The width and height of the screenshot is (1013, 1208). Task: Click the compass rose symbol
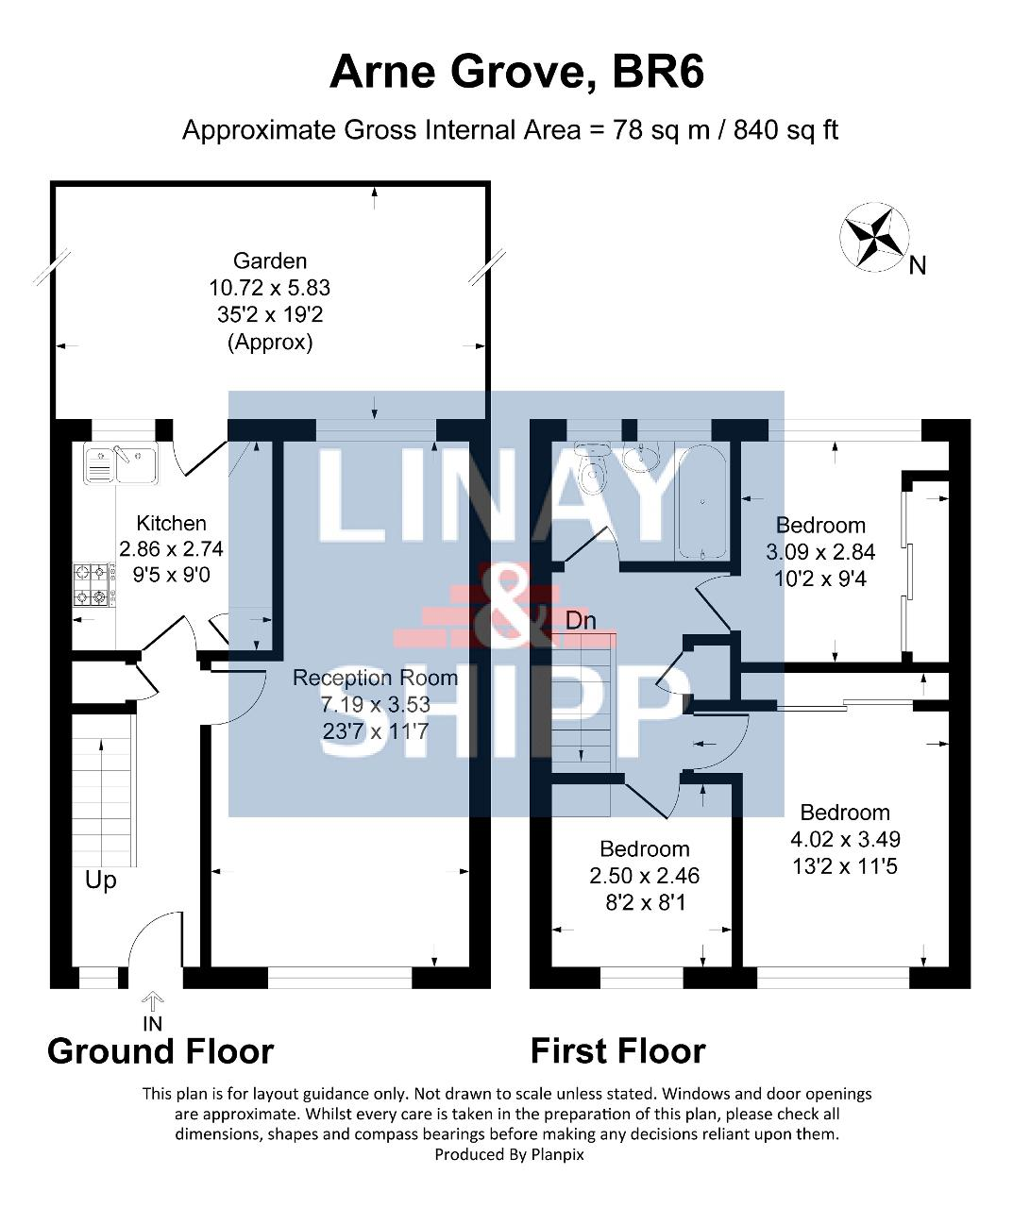(874, 237)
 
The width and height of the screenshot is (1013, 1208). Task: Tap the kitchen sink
(121, 463)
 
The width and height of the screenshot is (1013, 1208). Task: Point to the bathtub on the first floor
(702, 502)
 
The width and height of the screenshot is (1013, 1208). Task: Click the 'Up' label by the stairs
(101, 881)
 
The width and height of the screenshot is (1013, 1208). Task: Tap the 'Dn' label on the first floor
(581, 621)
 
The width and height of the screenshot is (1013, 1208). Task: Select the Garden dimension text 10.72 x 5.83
(270, 288)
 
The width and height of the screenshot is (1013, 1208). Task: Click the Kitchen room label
(171, 523)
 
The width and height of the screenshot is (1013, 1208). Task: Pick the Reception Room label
(375, 678)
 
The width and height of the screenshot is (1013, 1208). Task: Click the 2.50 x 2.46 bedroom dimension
(644, 876)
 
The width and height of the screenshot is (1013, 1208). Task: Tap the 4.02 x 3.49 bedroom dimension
(845, 839)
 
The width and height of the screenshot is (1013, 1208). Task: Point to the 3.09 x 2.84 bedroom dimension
(820, 552)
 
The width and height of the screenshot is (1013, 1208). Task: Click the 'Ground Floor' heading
(160, 1051)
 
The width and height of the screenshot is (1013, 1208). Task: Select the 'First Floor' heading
(617, 1051)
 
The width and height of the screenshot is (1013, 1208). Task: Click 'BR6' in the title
(658, 72)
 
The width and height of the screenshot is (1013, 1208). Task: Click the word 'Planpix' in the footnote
(557, 1155)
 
